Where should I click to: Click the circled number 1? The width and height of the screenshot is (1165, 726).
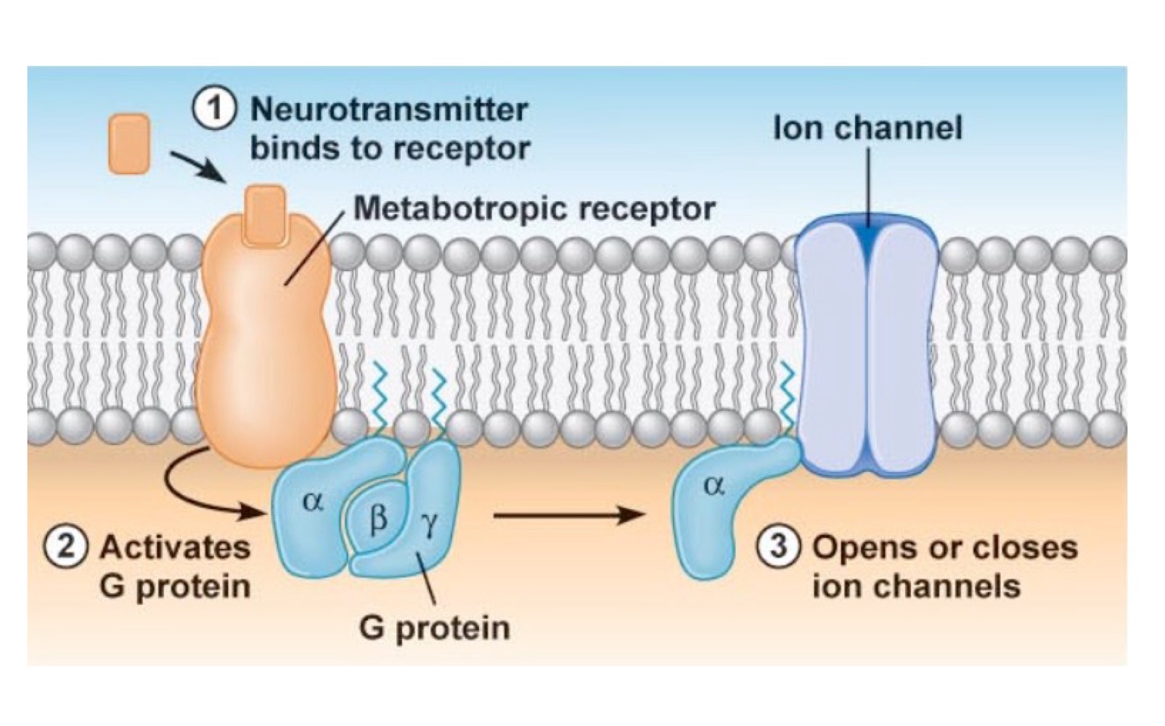(214, 110)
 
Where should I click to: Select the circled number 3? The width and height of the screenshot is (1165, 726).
(780, 546)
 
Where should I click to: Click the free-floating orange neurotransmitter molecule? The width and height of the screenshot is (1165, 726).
(129, 144)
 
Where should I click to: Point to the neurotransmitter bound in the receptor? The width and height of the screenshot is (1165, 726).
(264, 214)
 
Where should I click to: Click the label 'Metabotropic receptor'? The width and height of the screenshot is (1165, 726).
(534, 209)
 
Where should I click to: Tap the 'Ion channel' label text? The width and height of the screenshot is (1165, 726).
(867, 129)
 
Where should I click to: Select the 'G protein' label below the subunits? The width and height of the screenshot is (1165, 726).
(434, 628)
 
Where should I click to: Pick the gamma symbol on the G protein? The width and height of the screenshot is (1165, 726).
(429, 524)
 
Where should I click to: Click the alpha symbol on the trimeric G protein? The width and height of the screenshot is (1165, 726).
(313, 500)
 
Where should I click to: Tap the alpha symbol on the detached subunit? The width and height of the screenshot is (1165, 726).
(714, 486)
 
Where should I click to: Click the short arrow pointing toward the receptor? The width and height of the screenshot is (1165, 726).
(199, 166)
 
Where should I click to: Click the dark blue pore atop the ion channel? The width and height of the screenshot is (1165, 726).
(867, 236)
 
